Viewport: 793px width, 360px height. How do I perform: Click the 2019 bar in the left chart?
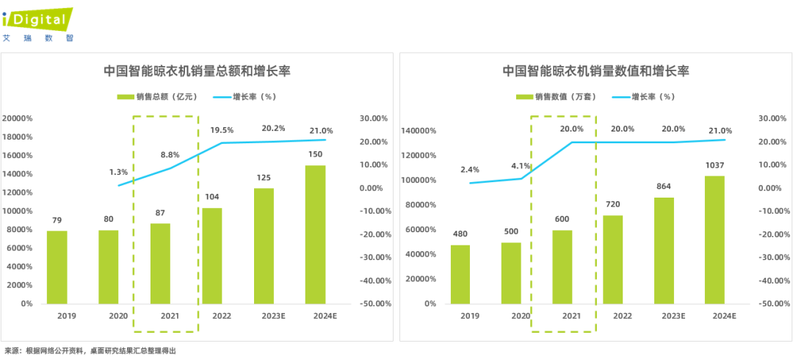pos(57,267)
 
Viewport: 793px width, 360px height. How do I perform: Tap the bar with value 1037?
pos(714,240)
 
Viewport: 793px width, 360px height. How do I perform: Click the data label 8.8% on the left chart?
pos(170,155)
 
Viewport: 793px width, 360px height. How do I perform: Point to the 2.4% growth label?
pos(470,170)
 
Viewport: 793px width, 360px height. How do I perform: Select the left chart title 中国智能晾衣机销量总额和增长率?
pos(196,71)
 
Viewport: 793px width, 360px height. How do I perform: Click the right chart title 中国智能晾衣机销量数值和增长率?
pos(595,71)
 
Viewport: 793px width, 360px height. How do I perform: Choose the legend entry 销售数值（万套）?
pos(553,96)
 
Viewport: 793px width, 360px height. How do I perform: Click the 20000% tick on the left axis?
pos(17,118)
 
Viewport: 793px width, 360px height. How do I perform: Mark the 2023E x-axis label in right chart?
pos(663,316)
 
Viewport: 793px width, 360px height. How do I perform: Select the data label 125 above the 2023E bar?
pos(264,179)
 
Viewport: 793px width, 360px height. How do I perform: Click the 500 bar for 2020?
pos(511,273)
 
